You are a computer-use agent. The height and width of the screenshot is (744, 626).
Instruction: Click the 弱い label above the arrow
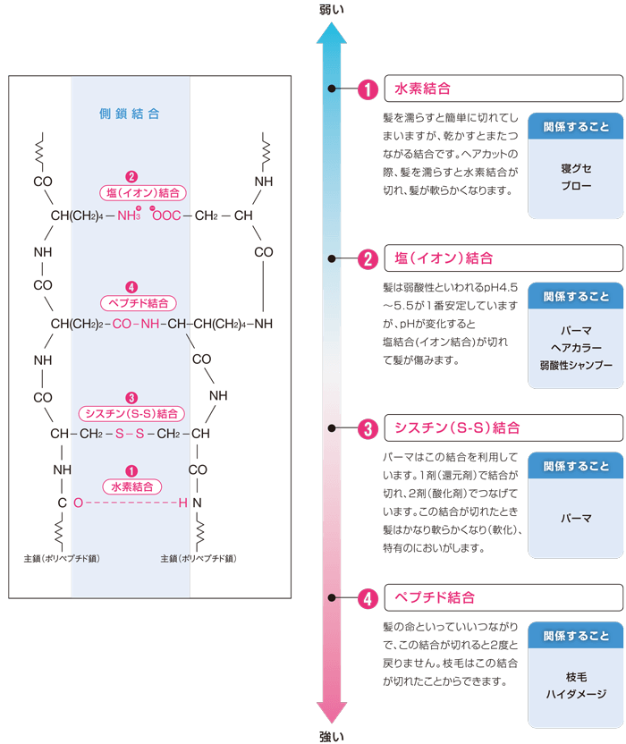(x=331, y=10)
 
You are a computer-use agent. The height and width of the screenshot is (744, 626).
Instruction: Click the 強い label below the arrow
(x=331, y=737)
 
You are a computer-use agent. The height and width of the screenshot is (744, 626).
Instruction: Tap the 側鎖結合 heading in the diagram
(x=129, y=114)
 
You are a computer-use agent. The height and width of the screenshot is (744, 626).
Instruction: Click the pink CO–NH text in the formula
(x=136, y=324)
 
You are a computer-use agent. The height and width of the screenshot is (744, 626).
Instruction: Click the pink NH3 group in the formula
(x=129, y=215)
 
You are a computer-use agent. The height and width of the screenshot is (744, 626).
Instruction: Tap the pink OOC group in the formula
(x=165, y=215)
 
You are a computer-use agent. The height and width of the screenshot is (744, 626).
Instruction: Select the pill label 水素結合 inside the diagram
(x=132, y=486)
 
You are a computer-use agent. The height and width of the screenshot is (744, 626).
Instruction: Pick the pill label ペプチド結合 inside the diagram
(x=138, y=303)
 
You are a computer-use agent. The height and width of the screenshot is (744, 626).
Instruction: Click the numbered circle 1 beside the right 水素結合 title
(x=368, y=89)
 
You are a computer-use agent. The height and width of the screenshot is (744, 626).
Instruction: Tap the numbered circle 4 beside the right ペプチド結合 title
(x=368, y=598)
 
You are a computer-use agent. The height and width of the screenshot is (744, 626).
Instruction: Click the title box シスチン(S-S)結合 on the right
(x=503, y=428)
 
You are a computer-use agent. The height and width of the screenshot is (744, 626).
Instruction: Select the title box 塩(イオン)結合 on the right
(x=503, y=258)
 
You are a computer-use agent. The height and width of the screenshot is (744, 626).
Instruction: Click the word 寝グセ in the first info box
(x=576, y=168)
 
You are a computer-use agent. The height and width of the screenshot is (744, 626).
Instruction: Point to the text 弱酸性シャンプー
(x=576, y=366)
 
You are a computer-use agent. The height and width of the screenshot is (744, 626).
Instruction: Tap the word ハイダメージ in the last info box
(x=576, y=694)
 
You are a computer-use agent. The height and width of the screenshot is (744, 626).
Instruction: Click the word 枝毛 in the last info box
(x=576, y=677)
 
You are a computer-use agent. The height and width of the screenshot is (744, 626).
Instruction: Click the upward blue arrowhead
(x=331, y=33)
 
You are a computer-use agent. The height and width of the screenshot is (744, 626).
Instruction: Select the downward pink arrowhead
(x=331, y=713)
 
